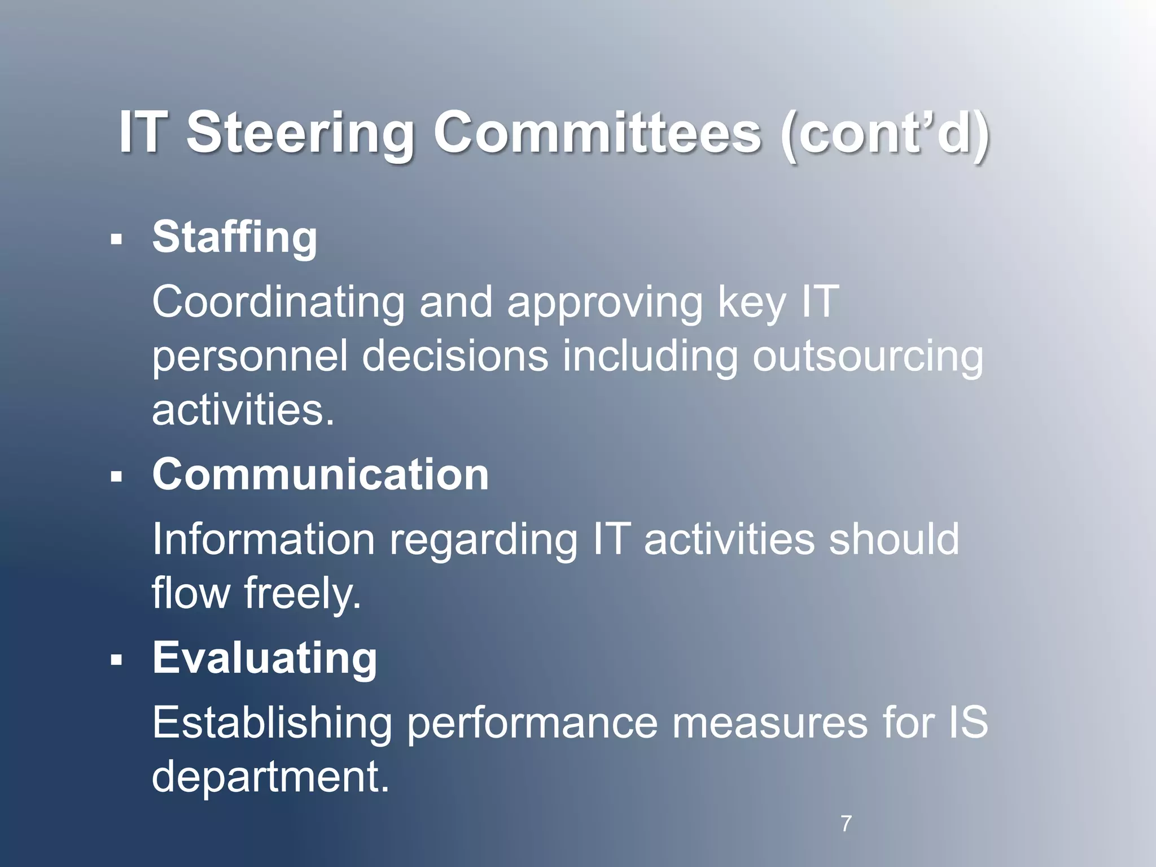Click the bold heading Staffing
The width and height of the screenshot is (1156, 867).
[x=235, y=237]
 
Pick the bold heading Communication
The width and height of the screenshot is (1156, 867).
[x=321, y=475]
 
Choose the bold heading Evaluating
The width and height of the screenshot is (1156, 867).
[x=265, y=658]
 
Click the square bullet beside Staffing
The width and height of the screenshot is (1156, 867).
[x=117, y=240]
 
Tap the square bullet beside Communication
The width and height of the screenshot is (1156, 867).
[x=117, y=478]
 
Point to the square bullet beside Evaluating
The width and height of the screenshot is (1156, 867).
[x=117, y=660]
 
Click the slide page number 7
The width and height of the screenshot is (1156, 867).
[x=846, y=824]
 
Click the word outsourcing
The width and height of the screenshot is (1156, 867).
[x=868, y=357]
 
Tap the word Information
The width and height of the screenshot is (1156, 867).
[x=264, y=539]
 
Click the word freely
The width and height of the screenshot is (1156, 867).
[x=302, y=594]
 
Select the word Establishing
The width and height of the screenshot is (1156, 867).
[x=272, y=722]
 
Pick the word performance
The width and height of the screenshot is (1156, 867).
[x=532, y=724]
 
